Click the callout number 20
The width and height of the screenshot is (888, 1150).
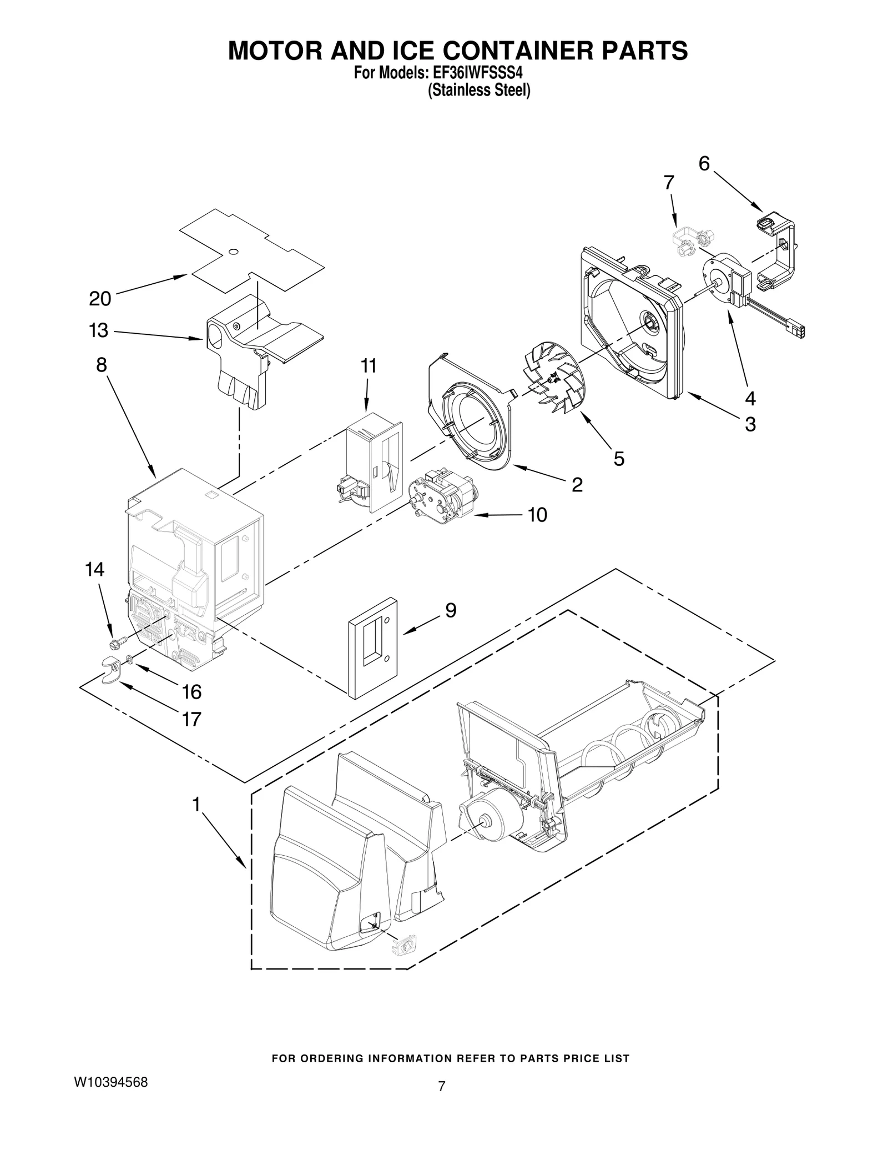(100, 299)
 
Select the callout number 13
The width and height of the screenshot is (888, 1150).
(99, 331)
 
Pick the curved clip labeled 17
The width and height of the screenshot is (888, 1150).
(112, 669)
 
